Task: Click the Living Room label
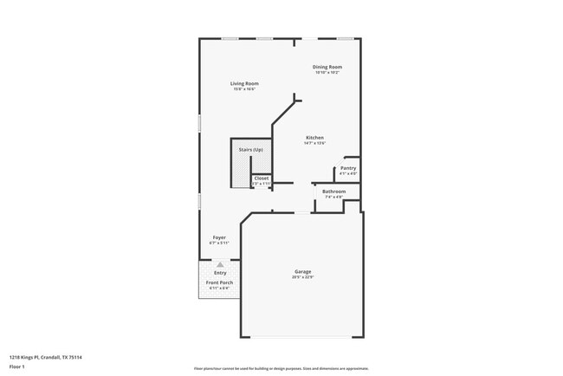[245, 83]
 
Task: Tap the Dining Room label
[327, 67]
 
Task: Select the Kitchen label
[314, 138]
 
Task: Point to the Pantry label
[348, 168]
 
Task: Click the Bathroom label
[333, 191]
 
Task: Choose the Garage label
[302, 271]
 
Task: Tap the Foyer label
[220, 237]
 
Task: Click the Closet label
[261, 178]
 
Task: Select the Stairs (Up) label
[250, 149]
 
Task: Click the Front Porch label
[219, 282]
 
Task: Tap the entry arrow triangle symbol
[220, 265]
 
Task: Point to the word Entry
[220, 274]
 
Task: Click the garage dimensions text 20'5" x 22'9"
[302, 277]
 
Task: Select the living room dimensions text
[244, 89]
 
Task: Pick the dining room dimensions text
[327, 73]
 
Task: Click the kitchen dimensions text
[314, 144]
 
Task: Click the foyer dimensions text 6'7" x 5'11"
[220, 243]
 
